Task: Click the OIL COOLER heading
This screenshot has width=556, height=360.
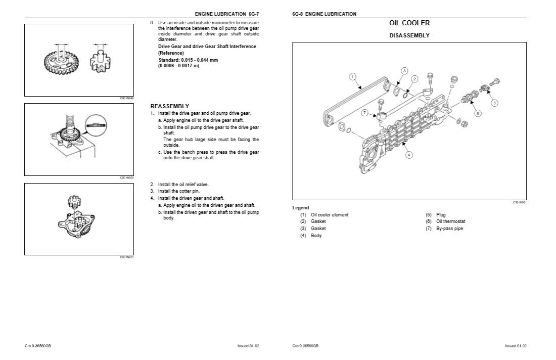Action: (x=409, y=23)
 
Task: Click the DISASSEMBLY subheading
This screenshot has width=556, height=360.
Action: (x=409, y=36)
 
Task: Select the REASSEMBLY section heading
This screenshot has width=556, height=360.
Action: (x=170, y=106)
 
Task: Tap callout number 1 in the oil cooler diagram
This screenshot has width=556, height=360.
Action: (x=353, y=76)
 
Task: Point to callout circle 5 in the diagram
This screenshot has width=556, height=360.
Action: (x=494, y=103)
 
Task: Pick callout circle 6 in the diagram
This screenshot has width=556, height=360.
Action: (x=478, y=113)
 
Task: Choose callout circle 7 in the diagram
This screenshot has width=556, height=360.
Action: (x=364, y=113)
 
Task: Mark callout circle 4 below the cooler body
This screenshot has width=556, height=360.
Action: (x=408, y=155)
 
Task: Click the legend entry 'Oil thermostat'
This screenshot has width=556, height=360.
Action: (x=451, y=221)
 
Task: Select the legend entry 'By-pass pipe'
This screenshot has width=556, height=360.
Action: (x=449, y=229)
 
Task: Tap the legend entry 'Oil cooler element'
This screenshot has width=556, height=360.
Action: (x=330, y=215)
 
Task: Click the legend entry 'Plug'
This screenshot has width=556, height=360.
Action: (x=441, y=215)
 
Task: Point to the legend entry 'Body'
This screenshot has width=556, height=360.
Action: (x=316, y=236)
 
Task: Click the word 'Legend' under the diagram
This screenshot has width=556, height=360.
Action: (x=301, y=208)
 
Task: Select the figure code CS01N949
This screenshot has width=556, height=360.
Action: (x=126, y=98)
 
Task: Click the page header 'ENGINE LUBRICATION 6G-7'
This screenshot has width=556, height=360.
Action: (x=230, y=14)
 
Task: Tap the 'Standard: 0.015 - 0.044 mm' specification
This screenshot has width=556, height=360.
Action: (x=188, y=60)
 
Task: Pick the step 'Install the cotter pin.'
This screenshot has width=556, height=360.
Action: (x=178, y=191)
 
